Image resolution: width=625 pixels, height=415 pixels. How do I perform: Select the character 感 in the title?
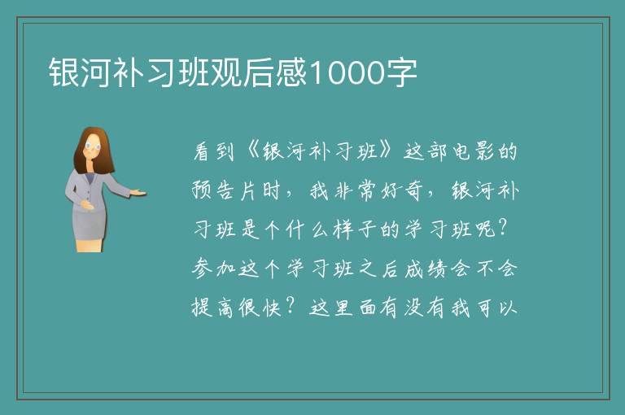(292, 72)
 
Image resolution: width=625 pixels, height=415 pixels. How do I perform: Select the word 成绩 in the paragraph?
(426, 269)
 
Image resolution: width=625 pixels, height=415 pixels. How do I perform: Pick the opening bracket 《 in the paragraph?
(253, 151)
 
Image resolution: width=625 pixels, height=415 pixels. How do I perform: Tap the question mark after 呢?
(503, 229)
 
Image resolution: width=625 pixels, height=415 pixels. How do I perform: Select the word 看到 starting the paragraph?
(213, 151)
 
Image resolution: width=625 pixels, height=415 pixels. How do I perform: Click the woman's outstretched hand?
(138, 193)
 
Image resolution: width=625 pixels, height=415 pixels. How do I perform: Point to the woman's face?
(93, 146)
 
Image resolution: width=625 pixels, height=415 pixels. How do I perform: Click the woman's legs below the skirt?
(90, 246)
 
